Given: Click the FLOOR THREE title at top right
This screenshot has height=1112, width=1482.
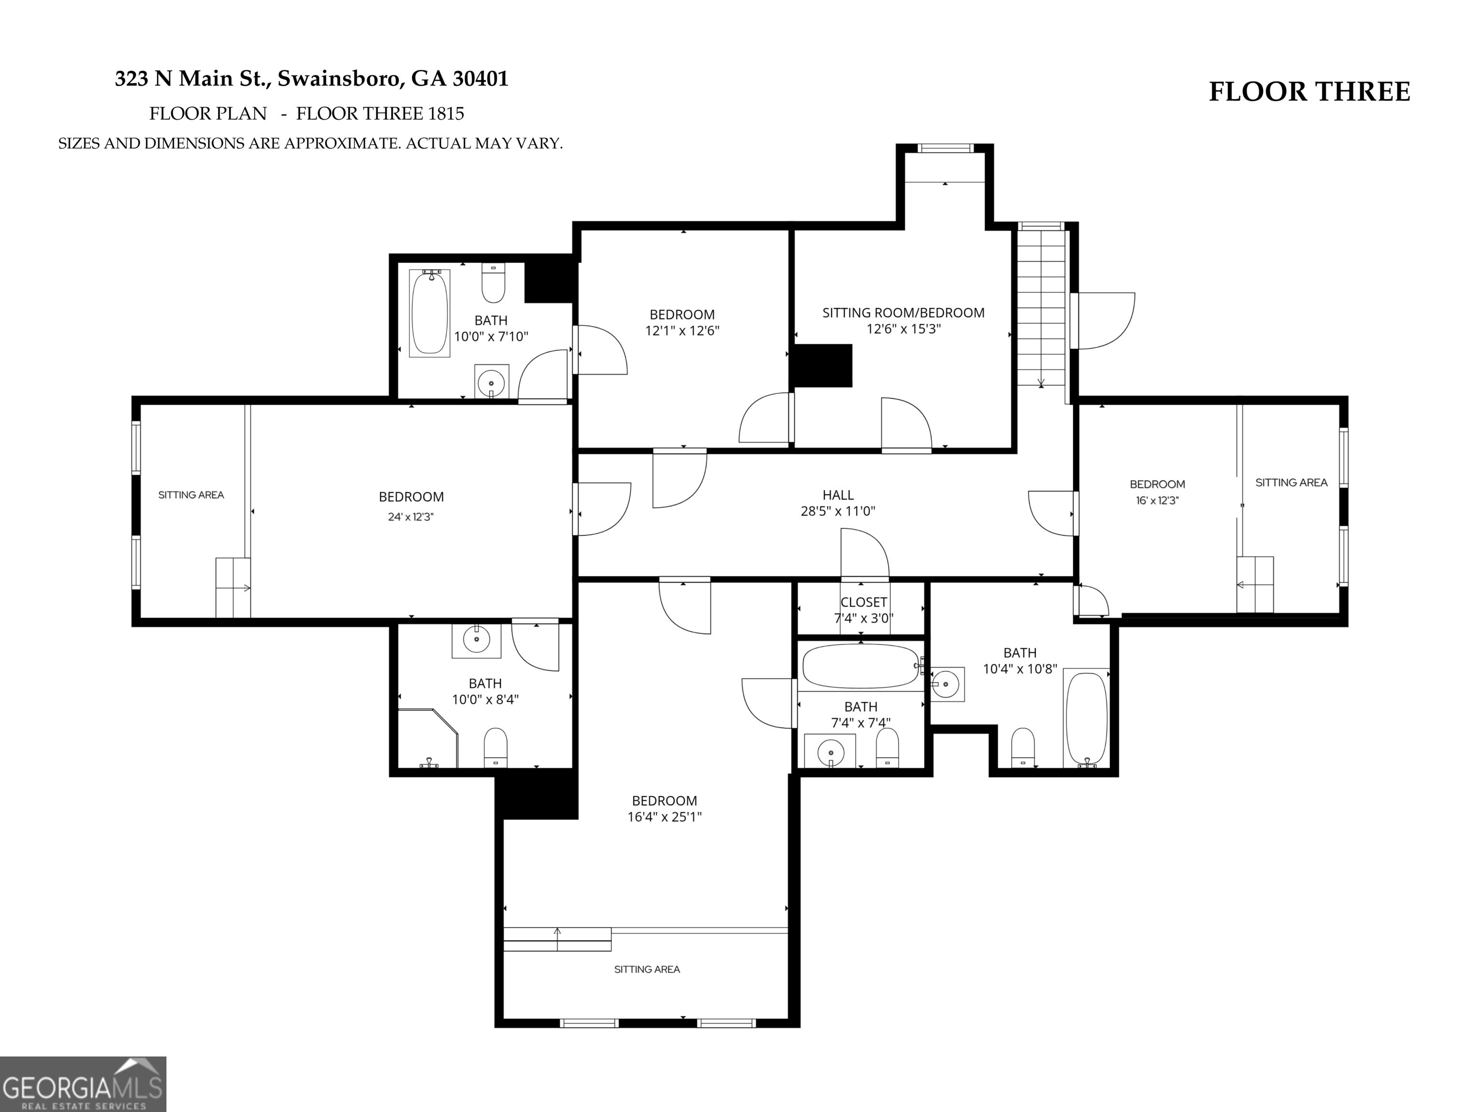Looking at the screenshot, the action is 1309,92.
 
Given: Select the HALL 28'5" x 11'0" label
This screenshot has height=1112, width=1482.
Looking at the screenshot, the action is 838,503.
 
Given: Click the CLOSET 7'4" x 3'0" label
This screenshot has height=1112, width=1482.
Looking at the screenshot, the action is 864,610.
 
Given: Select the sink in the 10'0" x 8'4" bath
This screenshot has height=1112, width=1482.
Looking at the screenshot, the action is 476,640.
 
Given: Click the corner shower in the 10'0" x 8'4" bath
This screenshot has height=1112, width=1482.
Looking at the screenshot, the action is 428,738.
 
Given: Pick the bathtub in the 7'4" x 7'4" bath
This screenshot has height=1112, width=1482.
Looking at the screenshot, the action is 861,666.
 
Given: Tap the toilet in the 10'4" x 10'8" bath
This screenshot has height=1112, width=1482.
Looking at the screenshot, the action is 1022,747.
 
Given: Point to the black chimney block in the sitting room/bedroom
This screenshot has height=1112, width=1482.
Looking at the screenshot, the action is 823,365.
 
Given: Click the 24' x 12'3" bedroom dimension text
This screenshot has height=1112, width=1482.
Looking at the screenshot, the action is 411,517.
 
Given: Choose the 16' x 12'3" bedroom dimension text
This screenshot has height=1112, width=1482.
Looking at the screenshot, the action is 1157,500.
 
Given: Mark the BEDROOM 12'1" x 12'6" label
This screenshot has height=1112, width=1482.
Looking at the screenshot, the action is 682,322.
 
